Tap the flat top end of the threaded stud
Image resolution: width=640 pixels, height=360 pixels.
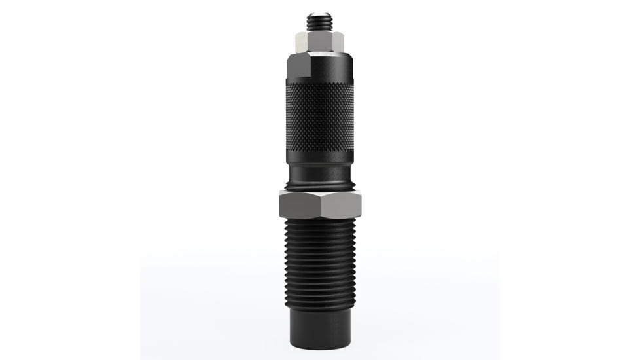pyautogui.click(x=320, y=13)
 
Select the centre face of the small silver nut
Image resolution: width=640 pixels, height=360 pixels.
pyautogui.click(x=320, y=43)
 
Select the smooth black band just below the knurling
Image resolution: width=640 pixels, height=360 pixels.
pyautogui.click(x=320, y=158)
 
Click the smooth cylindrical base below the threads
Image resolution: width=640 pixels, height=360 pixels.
pyautogui.click(x=320, y=327)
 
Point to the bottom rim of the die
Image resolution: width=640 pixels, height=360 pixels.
pyautogui.click(x=320, y=346)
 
